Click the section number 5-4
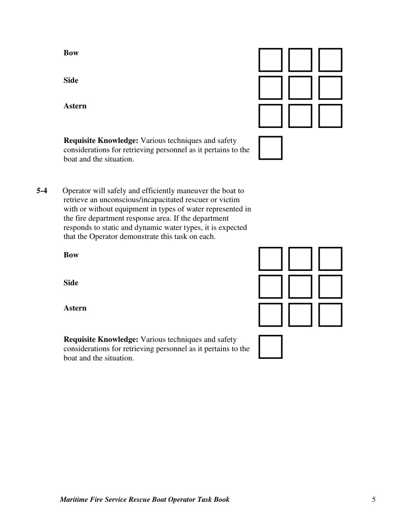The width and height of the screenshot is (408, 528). [x=42, y=191]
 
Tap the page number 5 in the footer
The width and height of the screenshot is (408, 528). [x=374, y=499]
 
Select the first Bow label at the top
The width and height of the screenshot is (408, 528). [x=71, y=53]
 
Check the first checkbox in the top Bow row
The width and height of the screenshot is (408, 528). [x=271, y=60]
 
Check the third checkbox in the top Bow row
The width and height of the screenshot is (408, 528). [x=330, y=60]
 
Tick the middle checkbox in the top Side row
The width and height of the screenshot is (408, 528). [x=300, y=88]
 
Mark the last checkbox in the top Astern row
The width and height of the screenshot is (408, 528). [x=330, y=115]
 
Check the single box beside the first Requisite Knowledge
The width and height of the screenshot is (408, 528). [x=271, y=148]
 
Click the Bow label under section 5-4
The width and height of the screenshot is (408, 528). [x=71, y=255]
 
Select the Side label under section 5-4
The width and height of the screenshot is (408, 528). [x=71, y=283]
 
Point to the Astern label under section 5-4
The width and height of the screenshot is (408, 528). [x=75, y=308]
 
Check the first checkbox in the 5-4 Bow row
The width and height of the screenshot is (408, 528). [x=271, y=258]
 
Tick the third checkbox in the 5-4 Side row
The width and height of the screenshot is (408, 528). [x=330, y=286]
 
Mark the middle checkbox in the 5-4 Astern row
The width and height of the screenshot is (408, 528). [x=300, y=315]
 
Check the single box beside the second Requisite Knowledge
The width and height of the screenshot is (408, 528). [x=271, y=346]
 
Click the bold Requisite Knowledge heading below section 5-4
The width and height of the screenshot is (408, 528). [x=101, y=340]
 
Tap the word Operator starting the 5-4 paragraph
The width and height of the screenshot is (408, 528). [x=76, y=191]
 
